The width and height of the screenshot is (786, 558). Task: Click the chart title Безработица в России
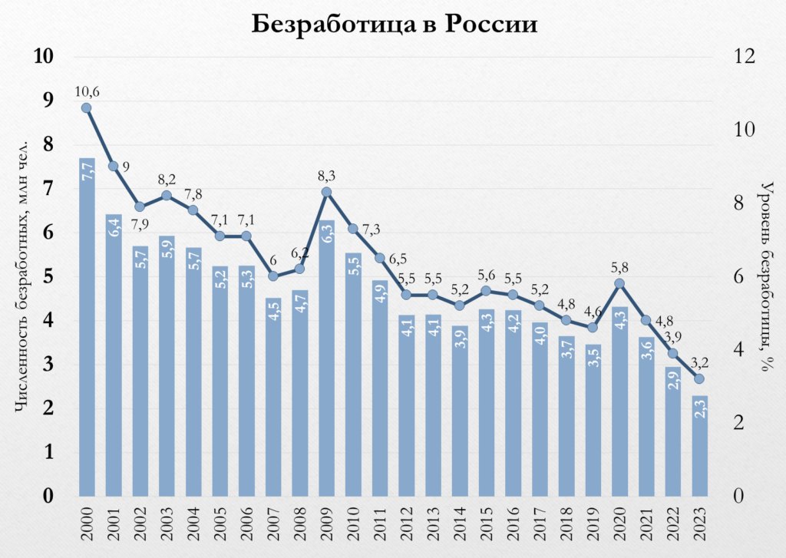(394, 24)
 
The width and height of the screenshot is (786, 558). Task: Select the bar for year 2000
(87, 330)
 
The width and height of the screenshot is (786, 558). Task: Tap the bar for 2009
(326, 361)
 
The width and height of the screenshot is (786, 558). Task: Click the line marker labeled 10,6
(86, 107)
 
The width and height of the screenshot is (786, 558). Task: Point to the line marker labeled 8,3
(326, 192)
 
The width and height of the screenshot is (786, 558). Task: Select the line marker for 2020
(619, 283)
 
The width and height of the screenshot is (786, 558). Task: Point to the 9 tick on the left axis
(48, 101)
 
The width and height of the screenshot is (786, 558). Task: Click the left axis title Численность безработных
(22, 276)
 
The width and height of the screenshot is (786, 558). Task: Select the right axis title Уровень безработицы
(765, 276)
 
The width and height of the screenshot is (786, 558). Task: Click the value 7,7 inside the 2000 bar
(87, 170)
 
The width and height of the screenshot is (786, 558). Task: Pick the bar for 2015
(486, 403)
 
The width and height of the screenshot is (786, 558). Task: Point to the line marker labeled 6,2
(299, 269)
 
